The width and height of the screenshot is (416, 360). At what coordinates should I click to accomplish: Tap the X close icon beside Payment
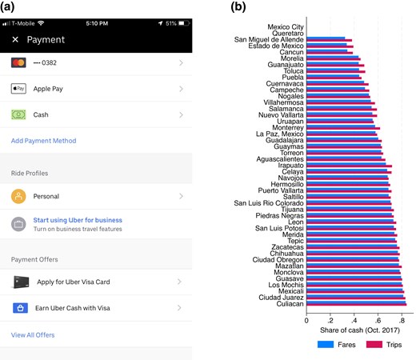click(x=15, y=39)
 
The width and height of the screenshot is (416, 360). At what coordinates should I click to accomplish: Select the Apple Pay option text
click(x=49, y=89)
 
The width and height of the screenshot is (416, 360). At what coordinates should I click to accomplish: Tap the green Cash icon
click(x=18, y=114)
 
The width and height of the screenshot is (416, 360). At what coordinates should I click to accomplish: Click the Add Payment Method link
click(x=44, y=141)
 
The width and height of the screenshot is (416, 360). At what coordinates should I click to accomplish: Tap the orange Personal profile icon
click(x=18, y=196)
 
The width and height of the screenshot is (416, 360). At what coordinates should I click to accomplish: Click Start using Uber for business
click(x=78, y=219)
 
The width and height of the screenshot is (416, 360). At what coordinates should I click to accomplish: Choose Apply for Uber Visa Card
click(x=74, y=282)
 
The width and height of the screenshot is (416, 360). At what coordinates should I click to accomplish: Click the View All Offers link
click(x=33, y=334)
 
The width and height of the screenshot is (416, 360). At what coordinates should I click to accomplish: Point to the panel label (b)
click(x=238, y=7)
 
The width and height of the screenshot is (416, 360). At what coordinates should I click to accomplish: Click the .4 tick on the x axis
click(x=354, y=320)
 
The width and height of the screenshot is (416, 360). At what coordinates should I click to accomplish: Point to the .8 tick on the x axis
click(x=402, y=320)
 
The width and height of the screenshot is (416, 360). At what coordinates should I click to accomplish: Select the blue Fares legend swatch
click(x=325, y=345)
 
